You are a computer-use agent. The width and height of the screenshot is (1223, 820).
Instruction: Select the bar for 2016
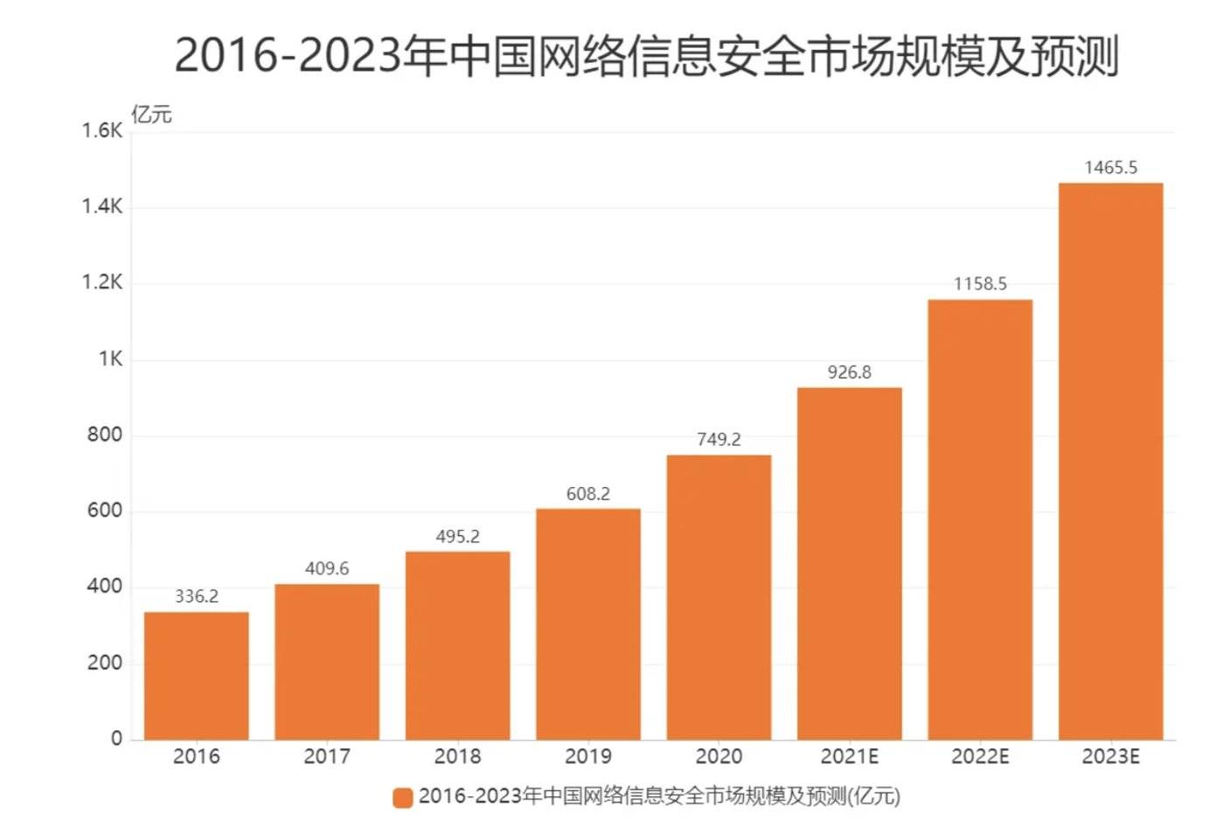(x=196, y=675)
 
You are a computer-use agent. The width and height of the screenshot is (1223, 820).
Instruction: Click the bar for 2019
(x=587, y=623)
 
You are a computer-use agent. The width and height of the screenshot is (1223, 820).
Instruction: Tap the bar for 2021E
(x=849, y=563)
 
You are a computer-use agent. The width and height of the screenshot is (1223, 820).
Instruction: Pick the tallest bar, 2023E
(x=1110, y=461)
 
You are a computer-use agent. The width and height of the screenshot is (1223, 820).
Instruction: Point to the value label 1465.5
(x=1110, y=168)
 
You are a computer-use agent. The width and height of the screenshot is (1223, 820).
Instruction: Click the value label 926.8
(x=849, y=372)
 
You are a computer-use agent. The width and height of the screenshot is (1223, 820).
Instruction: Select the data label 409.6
(x=327, y=569)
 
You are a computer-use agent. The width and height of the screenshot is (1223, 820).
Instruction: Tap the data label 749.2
(x=719, y=440)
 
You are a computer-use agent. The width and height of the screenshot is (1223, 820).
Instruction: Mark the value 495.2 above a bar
(x=457, y=537)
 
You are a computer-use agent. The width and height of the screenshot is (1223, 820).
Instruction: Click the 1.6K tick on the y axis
(x=102, y=131)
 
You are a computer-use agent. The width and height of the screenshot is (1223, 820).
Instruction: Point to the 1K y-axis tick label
(x=110, y=359)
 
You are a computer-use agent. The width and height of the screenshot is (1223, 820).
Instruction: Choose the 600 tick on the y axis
(x=105, y=511)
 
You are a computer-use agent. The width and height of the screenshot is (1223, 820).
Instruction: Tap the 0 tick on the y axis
(x=116, y=739)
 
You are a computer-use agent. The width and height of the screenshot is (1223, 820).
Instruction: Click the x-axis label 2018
(x=457, y=756)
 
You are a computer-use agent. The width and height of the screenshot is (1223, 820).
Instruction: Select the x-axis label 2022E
(x=979, y=756)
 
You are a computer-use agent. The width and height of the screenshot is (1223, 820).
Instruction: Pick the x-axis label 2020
(x=719, y=756)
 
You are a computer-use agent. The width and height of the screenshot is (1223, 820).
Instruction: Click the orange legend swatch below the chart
(x=403, y=797)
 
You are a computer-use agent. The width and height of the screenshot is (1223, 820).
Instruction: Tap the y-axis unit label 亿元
(x=151, y=115)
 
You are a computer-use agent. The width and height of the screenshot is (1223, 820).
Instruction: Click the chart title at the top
(x=646, y=56)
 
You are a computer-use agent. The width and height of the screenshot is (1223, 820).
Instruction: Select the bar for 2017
(x=327, y=661)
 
